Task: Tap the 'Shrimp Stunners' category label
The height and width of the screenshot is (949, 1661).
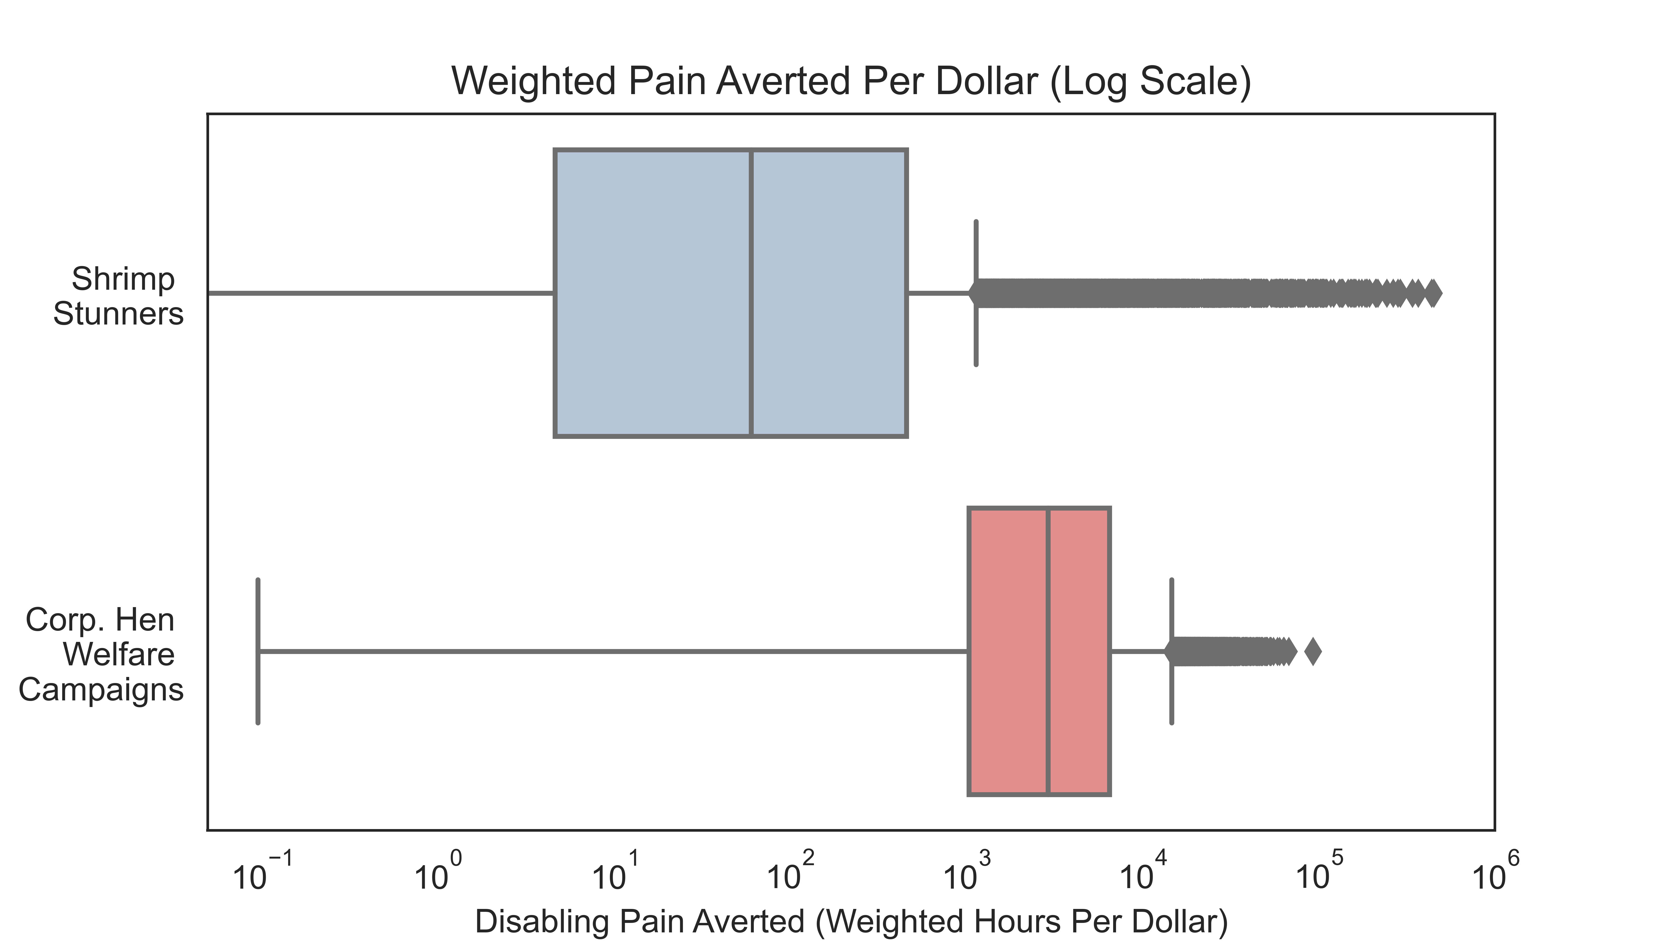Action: click(x=119, y=297)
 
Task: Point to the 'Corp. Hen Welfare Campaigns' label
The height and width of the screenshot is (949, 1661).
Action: click(x=101, y=654)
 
